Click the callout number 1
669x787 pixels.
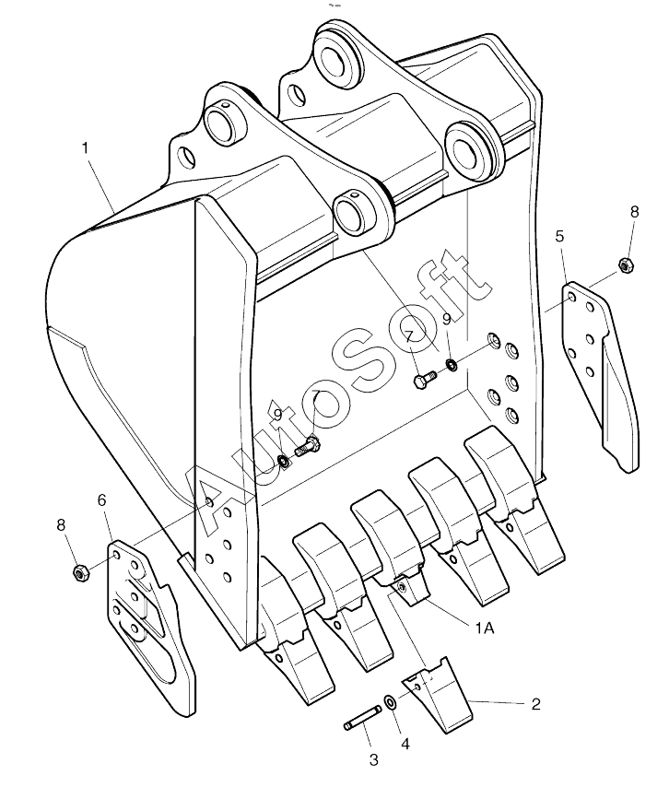(x=86, y=148)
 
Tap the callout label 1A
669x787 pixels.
(x=485, y=628)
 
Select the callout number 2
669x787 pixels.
(x=536, y=704)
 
